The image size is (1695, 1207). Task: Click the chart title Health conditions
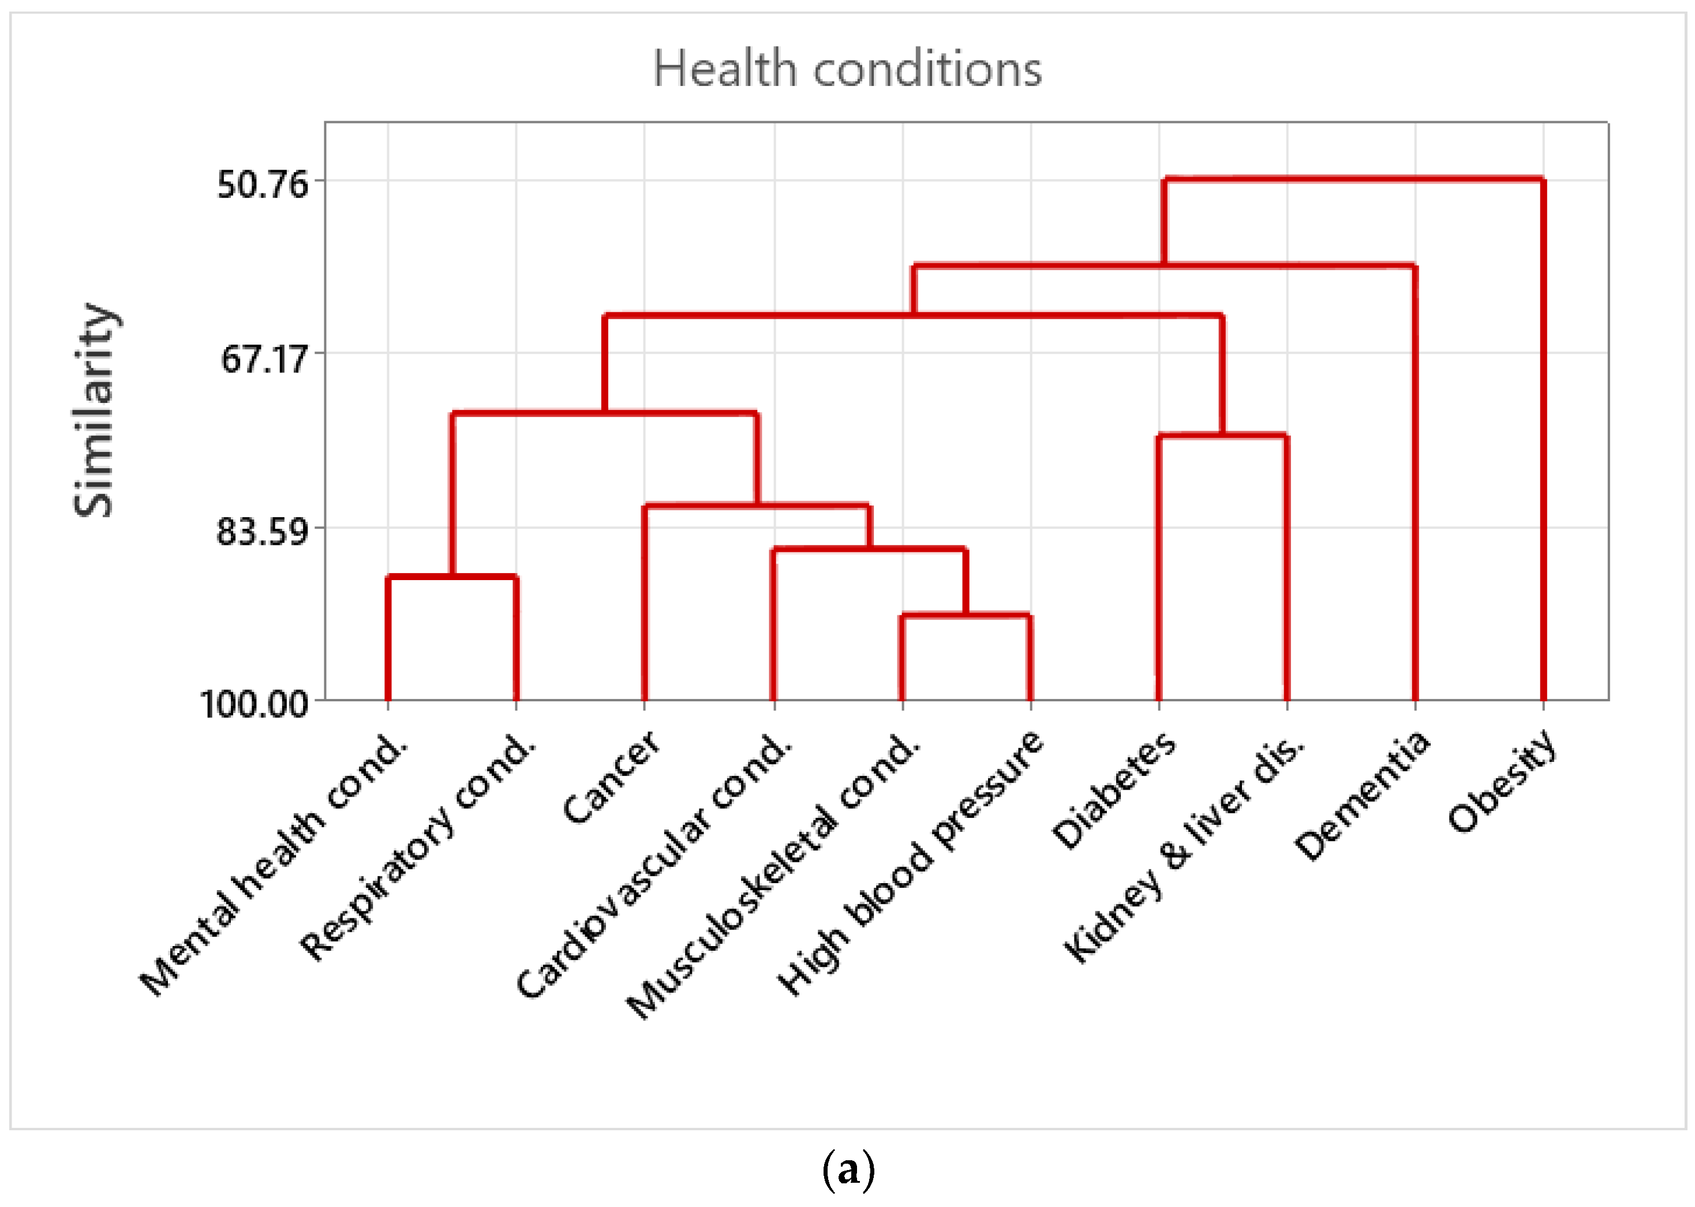point(847,69)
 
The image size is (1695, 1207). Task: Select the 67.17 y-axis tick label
point(264,359)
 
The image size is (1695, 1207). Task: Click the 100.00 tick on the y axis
point(254,703)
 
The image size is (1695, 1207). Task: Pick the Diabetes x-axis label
point(1113,790)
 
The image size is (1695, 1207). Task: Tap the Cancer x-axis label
point(611,777)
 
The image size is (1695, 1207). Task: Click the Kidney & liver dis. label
point(1183,849)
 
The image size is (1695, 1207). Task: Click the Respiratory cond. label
point(418,847)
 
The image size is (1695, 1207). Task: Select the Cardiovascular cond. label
point(654,866)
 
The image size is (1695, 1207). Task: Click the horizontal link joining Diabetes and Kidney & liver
point(1222,436)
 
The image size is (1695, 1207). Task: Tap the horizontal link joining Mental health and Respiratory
point(452,577)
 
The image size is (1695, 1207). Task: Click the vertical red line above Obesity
point(1543,446)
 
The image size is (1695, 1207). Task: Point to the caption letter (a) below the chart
point(848,1169)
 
